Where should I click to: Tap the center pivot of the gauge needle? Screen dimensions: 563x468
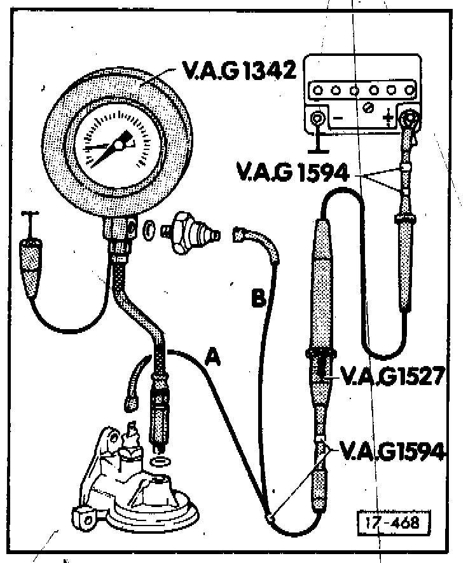pos(119,146)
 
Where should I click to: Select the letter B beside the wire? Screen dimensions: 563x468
pos(257,299)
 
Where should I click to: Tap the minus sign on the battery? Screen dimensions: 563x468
pos(338,118)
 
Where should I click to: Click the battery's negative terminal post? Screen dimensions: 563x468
pos(317,118)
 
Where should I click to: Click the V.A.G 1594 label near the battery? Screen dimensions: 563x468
pos(292,172)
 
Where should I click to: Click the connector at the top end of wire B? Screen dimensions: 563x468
pos(242,234)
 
